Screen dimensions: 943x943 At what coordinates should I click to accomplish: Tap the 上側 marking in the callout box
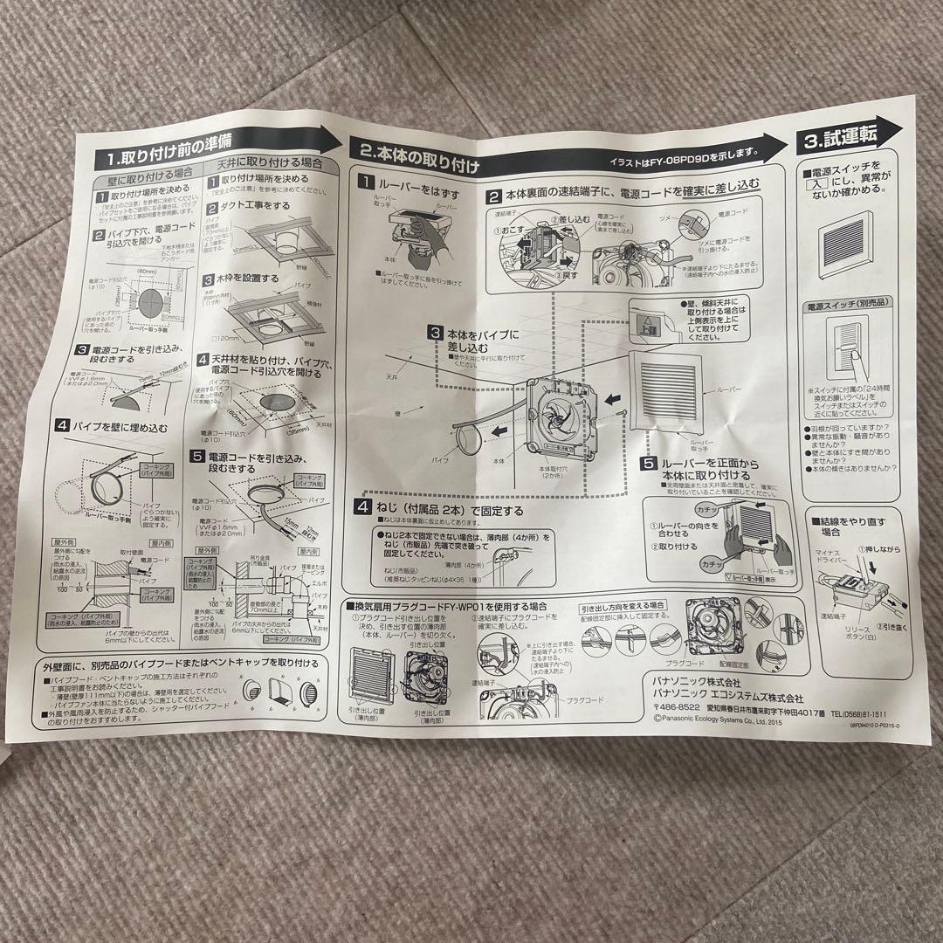pos(647,326)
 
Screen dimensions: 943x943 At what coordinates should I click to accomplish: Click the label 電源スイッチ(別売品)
pos(841,306)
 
